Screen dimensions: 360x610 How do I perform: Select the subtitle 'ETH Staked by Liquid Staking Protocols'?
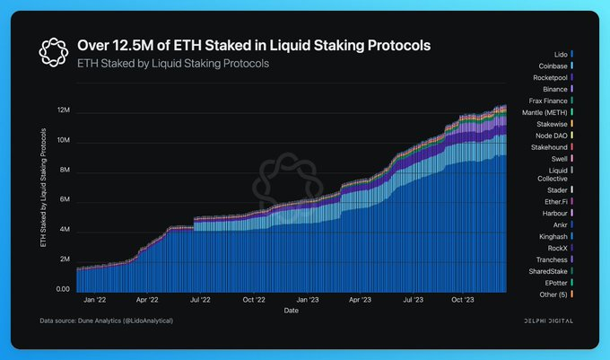(173, 64)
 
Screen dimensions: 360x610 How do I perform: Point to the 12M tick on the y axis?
(64, 111)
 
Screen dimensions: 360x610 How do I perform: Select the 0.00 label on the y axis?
(64, 289)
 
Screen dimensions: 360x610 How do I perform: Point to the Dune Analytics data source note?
(107, 320)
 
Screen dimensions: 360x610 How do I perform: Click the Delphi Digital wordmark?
(548, 320)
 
